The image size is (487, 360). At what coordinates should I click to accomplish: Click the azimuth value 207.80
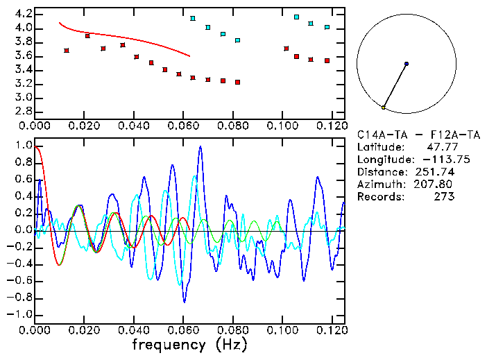(434, 185)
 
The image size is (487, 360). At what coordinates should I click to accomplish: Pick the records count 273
(443, 197)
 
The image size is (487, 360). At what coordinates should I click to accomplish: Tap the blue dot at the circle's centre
(407, 64)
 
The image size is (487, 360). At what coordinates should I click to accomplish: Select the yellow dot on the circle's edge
(383, 108)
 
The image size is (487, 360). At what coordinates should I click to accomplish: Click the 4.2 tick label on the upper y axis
(23, 14)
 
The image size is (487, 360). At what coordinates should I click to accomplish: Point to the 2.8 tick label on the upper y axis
(23, 111)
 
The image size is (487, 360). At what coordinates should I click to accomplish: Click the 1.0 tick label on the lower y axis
(23, 146)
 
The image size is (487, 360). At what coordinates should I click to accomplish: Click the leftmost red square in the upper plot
(66, 51)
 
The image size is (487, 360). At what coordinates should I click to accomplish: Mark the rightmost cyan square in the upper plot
(327, 28)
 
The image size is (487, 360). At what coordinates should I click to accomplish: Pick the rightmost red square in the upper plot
(327, 61)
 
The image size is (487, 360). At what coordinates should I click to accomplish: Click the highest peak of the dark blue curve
(201, 147)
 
